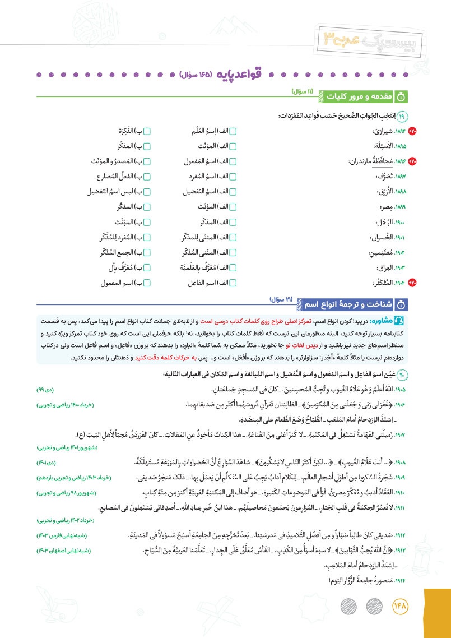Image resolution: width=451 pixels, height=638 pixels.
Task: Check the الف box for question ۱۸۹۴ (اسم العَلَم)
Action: coord(233,132)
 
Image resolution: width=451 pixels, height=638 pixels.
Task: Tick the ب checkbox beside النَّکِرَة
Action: coord(147,132)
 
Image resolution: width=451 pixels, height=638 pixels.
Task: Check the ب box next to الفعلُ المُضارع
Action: coord(147,176)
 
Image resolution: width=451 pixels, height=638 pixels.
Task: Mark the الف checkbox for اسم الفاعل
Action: coord(233,283)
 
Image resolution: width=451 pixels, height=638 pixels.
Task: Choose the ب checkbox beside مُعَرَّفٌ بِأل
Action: coord(147,268)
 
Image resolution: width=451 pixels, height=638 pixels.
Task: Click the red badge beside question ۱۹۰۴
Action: coord(413,283)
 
